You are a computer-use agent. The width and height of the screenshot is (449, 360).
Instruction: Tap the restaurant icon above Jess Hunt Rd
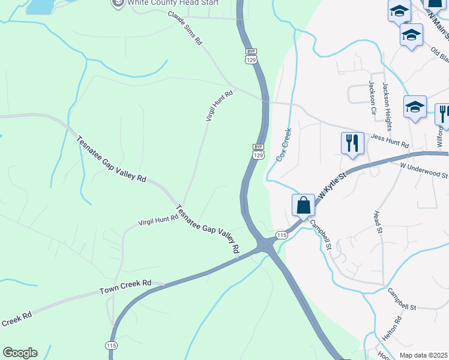(352, 143)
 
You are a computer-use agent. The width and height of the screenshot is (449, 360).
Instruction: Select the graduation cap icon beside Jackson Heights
(415, 107)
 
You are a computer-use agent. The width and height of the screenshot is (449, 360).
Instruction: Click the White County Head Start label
(171, 3)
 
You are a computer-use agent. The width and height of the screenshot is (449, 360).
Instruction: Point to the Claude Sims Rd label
(185, 28)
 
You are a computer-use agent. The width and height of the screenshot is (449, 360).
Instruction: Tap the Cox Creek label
(283, 144)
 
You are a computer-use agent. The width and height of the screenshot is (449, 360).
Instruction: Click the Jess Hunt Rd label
(390, 142)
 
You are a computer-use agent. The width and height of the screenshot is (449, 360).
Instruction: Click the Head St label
(377, 221)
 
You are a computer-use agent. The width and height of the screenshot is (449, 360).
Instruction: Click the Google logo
(20, 353)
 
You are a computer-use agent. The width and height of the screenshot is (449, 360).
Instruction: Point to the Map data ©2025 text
(424, 355)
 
